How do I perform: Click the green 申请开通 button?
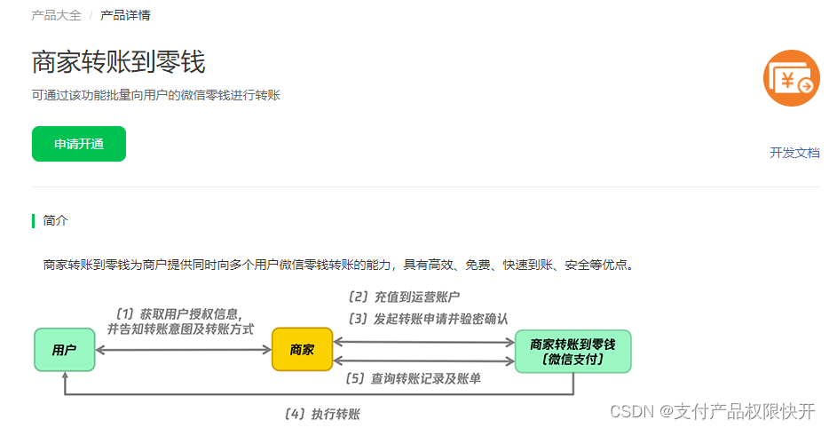tap(79, 144)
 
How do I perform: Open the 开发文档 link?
tap(794, 153)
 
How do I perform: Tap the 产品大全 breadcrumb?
tap(56, 15)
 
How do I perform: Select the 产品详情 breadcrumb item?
tap(125, 15)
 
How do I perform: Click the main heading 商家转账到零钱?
tap(118, 62)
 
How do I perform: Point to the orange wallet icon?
tap(791, 78)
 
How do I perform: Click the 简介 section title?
tap(55, 220)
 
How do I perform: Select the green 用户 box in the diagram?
tap(64, 350)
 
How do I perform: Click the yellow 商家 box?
tap(302, 350)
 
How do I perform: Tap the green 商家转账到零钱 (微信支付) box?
tap(572, 351)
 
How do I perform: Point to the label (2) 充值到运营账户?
tap(404, 297)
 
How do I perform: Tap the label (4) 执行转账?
tap(321, 414)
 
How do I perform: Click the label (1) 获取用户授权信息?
tap(178, 313)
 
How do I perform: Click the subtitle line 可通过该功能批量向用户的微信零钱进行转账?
tap(156, 95)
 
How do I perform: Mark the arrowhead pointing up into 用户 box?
tap(64, 376)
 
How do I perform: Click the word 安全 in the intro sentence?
tap(579, 264)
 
